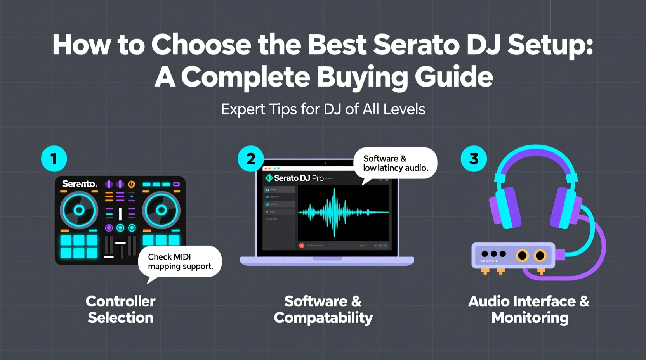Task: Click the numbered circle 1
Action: (54, 159)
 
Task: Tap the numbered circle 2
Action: (251, 159)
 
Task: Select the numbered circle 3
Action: (474, 159)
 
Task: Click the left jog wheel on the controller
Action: (79, 211)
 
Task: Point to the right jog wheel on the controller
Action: (161, 211)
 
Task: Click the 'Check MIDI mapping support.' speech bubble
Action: (180, 261)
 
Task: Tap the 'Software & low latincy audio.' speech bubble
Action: (395, 163)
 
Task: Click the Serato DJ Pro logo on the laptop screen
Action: (294, 178)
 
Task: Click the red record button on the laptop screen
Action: (302, 246)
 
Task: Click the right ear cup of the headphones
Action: (565, 208)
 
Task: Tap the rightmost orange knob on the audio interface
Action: (540, 255)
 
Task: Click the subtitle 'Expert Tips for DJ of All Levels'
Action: (323, 109)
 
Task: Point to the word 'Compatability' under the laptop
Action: (323, 318)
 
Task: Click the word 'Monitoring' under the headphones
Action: (530, 318)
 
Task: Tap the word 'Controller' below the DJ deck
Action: (120, 301)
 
